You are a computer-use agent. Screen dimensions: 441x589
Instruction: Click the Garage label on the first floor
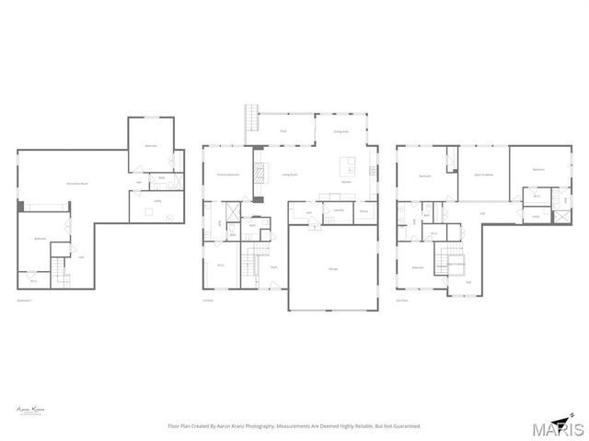pyautogui.click(x=332, y=269)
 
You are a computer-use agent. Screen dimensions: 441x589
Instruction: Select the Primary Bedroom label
pyautogui.click(x=227, y=175)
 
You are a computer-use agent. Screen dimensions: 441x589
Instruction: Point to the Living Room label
pyautogui.click(x=288, y=175)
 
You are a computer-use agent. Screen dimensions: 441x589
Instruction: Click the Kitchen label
pyautogui.click(x=346, y=182)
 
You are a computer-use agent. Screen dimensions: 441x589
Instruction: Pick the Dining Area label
pyautogui.click(x=340, y=131)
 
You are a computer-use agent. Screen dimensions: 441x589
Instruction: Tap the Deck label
pyautogui.click(x=283, y=131)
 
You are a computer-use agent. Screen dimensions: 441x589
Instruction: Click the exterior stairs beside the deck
pyautogui.click(x=251, y=119)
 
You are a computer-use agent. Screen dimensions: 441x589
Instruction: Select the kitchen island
pyautogui.click(x=348, y=166)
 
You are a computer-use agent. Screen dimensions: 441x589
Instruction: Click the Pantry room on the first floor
pyautogui.click(x=364, y=213)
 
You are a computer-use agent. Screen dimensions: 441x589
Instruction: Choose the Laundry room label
pyautogui.click(x=338, y=210)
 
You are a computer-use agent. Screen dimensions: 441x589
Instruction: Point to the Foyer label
pyautogui.click(x=273, y=267)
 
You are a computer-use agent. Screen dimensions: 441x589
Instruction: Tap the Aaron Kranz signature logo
pyautogui.click(x=31, y=411)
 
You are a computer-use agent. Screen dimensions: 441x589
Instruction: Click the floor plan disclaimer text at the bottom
pyautogui.click(x=294, y=426)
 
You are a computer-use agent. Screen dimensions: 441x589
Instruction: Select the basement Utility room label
pyautogui.click(x=157, y=201)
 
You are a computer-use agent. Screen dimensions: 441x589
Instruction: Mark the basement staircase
pyautogui.click(x=60, y=270)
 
